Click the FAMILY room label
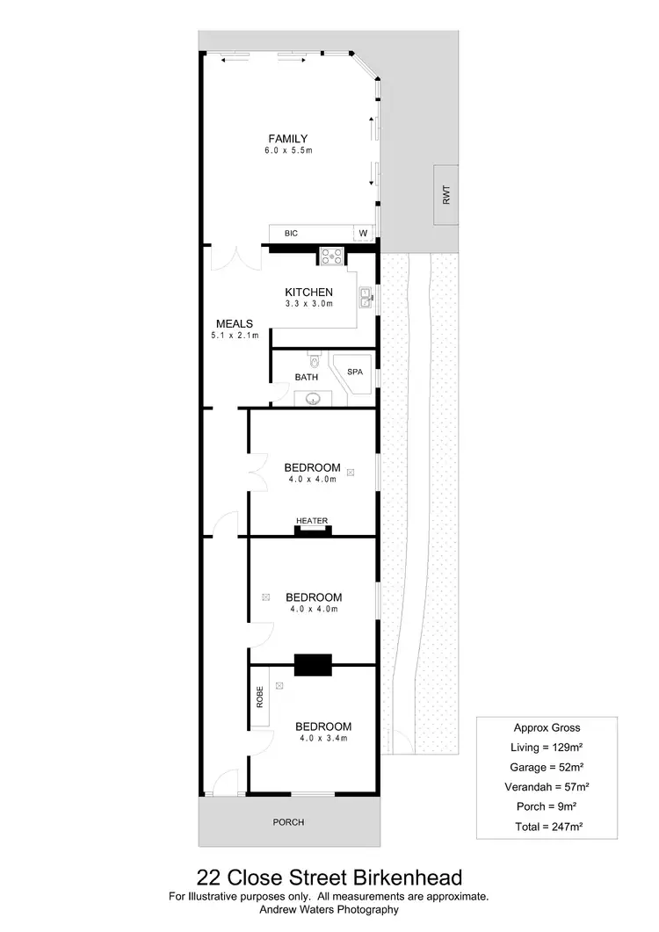click(287, 138)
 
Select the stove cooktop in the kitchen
click(332, 256)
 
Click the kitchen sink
click(366, 299)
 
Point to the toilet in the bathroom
click(314, 359)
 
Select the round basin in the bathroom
click(312, 399)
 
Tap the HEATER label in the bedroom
click(312, 521)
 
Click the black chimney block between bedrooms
click(312, 665)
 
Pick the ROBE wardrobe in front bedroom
click(260, 697)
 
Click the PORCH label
click(288, 822)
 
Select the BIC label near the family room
click(292, 233)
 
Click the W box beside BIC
click(362, 233)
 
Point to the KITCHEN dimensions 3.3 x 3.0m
click(308, 304)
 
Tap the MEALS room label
click(234, 323)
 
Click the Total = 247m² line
click(546, 827)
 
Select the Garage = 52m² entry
click(546, 767)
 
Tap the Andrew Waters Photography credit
click(329, 910)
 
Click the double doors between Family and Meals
click(235, 260)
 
